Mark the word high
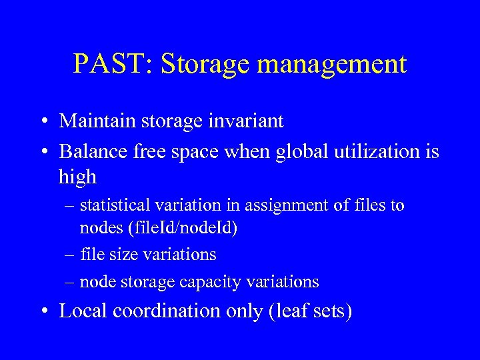(x=77, y=177)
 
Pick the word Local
(x=83, y=311)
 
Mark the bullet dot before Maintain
(x=43, y=122)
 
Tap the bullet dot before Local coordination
(x=43, y=312)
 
